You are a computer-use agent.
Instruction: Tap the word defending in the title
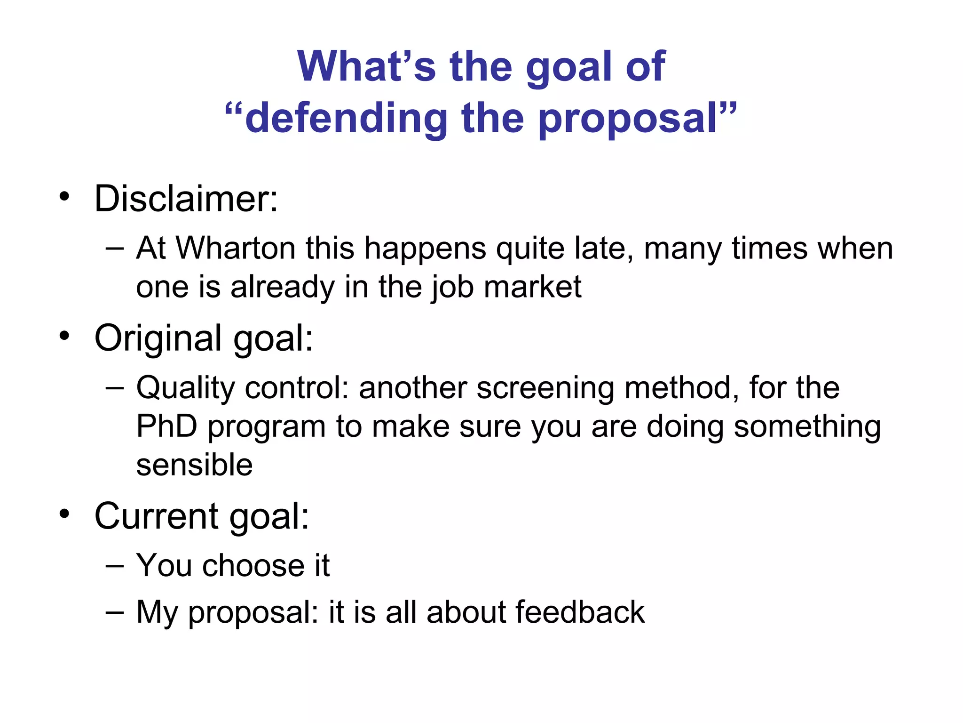[x=346, y=118]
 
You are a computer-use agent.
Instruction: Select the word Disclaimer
[x=186, y=199]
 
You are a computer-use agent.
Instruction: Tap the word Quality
[x=185, y=388]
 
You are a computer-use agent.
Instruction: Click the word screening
[x=545, y=388]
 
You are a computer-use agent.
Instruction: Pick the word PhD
[x=166, y=426]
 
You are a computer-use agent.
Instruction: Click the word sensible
[x=194, y=465]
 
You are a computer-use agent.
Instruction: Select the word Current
[x=156, y=516]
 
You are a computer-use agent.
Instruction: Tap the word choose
[x=253, y=565]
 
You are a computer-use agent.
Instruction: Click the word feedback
[x=580, y=612]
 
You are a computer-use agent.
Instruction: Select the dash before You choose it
[x=115, y=565]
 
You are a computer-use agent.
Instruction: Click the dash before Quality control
[x=115, y=388]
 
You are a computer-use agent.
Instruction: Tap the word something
[x=807, y=426]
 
